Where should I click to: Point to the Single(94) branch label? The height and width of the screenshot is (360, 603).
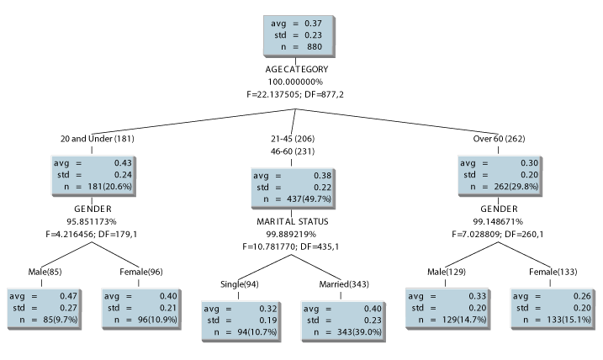coord(239,283)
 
